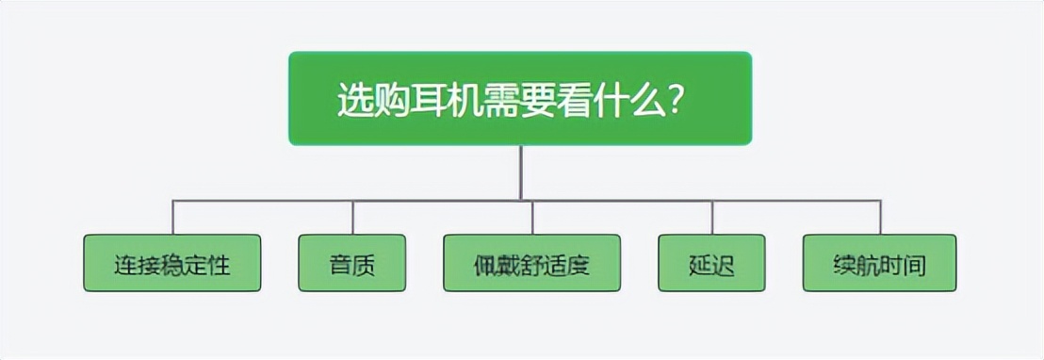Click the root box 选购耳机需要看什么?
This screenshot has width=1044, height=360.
[520, 98]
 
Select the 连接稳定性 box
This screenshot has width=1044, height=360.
[171, 263]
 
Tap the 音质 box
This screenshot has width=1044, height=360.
[352, 263]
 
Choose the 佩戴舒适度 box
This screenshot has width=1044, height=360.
[532, 263]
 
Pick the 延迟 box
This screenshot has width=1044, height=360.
[712, 263]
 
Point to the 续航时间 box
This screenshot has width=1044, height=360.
[879, 263]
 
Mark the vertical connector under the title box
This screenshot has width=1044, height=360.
[520, 172]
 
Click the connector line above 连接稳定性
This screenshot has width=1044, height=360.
[172, 217]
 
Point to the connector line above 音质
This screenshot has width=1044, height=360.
[352, 217]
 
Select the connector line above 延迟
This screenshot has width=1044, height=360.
[712, 217]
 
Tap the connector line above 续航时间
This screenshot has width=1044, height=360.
[880, 217]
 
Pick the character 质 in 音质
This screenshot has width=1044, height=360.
[364, 265]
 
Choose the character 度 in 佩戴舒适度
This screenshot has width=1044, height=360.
[579, 265]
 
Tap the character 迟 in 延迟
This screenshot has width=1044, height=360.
[724, 265]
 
